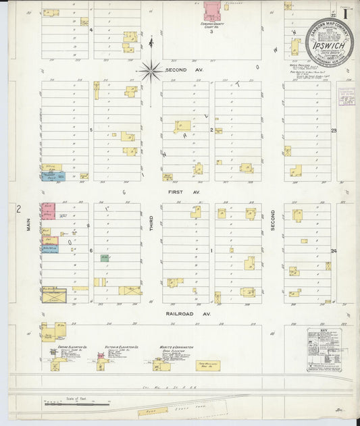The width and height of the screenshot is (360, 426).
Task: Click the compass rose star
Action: tap(151, 68)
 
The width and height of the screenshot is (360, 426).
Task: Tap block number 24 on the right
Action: tap(333, 250)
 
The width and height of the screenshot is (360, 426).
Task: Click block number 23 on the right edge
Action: tap(333, 130)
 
